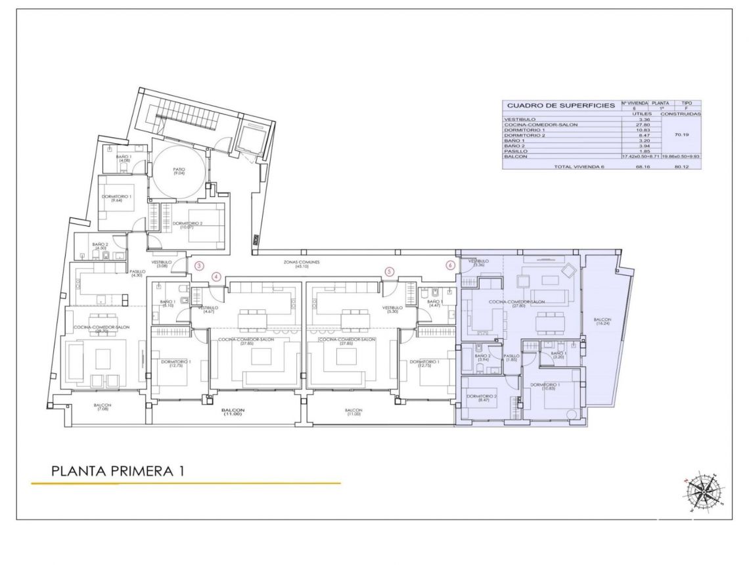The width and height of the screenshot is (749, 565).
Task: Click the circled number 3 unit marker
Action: [x=200, y=265]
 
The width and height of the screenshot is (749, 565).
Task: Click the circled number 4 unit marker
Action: [x=216, y=277]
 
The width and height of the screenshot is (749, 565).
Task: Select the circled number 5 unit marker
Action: [x=389, y=271]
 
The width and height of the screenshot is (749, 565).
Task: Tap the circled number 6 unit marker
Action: [x=450, y=265]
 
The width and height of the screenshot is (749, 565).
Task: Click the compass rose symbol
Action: [x=704, y=492]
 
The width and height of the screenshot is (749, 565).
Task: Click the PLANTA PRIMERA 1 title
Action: [x=118, y=471]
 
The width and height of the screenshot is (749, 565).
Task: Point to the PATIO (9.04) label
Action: [x=179, y=170]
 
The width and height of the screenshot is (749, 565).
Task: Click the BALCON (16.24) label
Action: [x=604, y=321]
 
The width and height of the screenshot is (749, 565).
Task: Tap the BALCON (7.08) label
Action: [x=102, y=407]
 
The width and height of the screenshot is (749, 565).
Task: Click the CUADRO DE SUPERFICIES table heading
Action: [x=560, y=105]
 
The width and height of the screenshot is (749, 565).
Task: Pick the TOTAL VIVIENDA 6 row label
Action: [x=579, y=166]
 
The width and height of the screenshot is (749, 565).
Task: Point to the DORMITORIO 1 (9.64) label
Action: [x=117, y=198]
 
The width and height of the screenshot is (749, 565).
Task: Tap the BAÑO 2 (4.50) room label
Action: [x=101, y=247]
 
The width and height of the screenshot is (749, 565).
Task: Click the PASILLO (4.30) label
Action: [x=137, y=273]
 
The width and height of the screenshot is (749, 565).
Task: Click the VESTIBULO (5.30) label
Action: [x=392, y=309]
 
